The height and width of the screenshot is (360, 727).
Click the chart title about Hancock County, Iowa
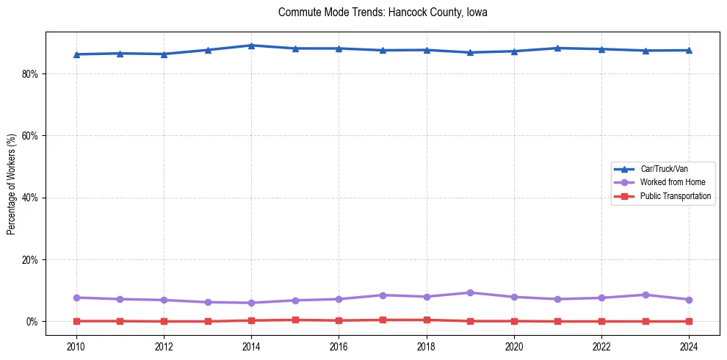click(383, 12)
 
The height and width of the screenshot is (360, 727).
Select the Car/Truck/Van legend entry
click(664, 169)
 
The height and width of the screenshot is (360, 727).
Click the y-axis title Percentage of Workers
click(11, 184)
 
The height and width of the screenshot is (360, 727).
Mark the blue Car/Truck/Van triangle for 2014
click(251, 46)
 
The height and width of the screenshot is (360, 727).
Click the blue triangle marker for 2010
click(76, 54)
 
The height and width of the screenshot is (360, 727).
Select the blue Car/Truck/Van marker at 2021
click(557, 48)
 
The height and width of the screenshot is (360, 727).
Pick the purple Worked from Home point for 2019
click(470, 292)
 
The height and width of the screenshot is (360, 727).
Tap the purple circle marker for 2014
click(251, 303)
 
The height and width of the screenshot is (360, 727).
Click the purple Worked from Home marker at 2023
click(645, 295)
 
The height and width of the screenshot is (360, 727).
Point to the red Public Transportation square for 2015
click(295, 320)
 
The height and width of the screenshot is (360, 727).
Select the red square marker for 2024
click(689, 321)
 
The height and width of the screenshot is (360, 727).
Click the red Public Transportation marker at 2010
click(76, 321)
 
